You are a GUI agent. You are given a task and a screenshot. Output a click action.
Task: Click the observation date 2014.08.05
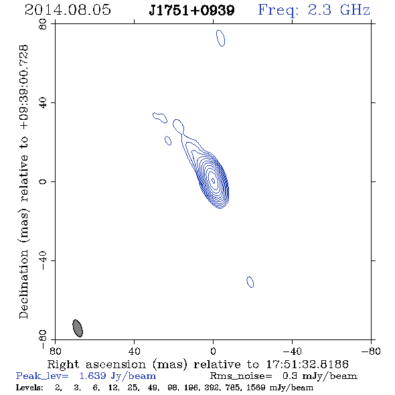68,10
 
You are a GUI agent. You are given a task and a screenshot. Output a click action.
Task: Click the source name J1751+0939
191,10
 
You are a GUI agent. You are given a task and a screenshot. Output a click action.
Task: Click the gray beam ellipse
78,328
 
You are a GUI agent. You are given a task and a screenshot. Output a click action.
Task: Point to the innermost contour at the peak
213,180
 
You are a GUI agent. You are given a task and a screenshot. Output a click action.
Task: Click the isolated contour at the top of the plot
221,38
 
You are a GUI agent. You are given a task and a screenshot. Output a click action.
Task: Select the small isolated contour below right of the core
250,282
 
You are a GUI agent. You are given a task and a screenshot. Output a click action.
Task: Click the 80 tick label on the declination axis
43,24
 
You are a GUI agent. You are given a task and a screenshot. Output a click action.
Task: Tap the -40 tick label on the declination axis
43,260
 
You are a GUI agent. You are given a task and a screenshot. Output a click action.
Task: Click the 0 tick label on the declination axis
43,181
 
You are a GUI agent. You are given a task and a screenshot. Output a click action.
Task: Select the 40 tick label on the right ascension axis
134,351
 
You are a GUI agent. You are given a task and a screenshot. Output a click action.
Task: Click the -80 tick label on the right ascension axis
371,351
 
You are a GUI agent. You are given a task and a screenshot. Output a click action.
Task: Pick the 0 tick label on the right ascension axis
213,351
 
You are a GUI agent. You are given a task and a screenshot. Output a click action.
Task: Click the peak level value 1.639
92,376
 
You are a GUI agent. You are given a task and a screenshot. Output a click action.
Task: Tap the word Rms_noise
241,376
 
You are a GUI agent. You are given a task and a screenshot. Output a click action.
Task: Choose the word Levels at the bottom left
29,387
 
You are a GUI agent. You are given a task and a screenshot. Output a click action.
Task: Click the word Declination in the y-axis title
23,284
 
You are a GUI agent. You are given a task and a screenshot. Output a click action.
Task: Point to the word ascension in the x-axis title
116,364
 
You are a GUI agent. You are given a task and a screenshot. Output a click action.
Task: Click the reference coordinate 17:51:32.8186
307,364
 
